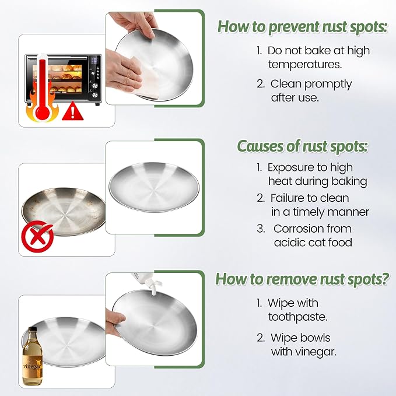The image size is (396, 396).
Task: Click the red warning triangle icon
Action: (72, 111)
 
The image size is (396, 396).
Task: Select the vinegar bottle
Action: (32, 356)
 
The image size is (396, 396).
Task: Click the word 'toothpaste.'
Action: (298, 317)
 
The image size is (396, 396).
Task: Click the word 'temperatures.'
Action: (305, 64)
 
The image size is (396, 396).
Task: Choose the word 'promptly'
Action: (328, 85)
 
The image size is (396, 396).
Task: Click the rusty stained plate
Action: (64, 212)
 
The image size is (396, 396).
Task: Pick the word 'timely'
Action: (309, 212)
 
